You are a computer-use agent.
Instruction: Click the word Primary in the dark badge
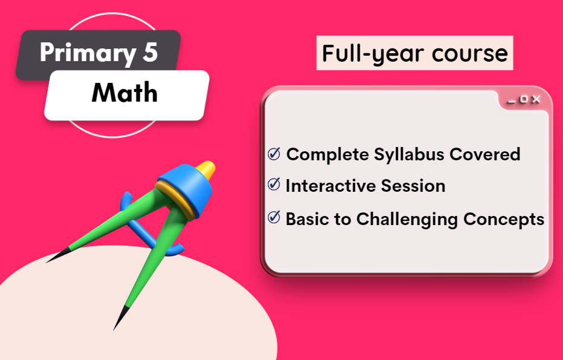87,53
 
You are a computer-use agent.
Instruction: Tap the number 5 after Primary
150,52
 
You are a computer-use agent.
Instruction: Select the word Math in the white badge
125,93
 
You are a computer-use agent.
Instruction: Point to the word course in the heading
470,54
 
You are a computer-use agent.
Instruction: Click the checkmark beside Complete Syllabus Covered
274,154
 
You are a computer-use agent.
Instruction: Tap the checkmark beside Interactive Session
274,184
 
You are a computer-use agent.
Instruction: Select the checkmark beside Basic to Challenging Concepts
274,217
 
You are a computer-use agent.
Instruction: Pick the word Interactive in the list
331,186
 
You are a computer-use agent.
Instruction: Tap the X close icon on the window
536,99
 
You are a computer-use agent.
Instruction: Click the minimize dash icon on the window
512,102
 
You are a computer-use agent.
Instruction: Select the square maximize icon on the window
524,99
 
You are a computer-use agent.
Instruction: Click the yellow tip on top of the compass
206,169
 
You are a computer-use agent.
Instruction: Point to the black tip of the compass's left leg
57,255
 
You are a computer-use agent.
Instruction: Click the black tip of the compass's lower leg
120,318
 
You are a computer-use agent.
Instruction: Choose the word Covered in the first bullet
485,154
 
